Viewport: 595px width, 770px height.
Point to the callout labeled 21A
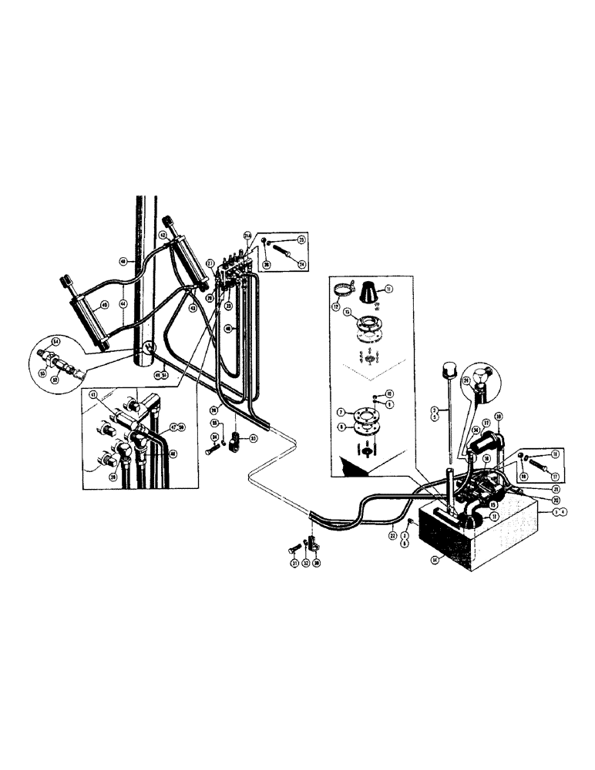coord(247,235)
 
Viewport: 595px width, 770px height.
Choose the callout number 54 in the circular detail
coord(56,340)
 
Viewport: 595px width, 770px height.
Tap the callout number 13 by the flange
coord(347,312)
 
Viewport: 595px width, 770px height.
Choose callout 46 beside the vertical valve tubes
coord(227,328)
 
